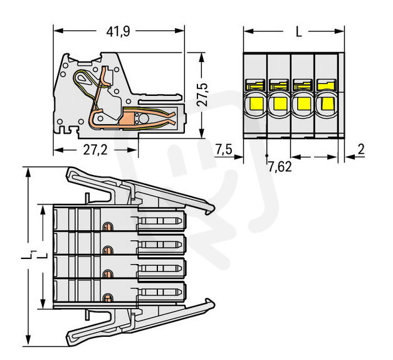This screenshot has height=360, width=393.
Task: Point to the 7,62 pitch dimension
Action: tap(280, 167)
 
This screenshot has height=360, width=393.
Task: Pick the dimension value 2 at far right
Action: tap(362, 149)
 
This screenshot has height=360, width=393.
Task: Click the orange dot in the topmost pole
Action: tap(107, 226)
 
